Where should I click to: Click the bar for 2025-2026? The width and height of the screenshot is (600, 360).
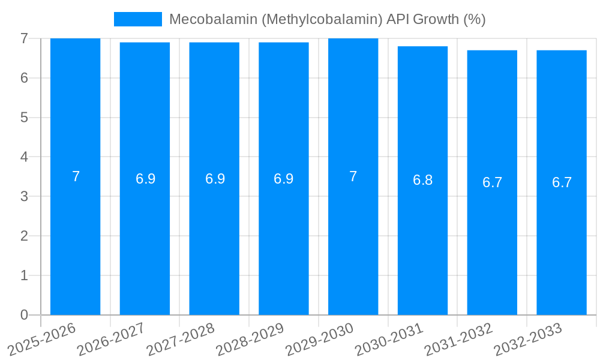point(75,240)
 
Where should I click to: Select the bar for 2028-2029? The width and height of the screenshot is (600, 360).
point(284,240)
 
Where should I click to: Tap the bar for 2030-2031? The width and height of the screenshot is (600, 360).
point(422,240)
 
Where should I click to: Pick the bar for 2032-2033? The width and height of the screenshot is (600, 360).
point(562,240)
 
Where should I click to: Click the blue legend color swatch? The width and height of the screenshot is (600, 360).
point(138,19)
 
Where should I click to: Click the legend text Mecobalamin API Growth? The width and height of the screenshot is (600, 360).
point(327,19)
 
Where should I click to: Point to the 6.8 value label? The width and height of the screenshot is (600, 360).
point(422,180)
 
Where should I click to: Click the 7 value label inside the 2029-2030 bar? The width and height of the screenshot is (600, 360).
point(353,176)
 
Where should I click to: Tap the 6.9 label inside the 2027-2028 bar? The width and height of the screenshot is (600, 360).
point(214,179)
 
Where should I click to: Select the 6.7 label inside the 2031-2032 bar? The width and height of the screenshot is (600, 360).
point(492,182)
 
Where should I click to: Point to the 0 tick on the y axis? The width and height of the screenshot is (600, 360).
point(24,315)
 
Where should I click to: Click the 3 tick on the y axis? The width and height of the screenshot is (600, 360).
point(24,196)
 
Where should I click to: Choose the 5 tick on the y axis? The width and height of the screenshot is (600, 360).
point(24,117)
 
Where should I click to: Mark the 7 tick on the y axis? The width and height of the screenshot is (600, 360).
point(24,38)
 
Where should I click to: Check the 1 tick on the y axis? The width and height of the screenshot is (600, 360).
point(24,275)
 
